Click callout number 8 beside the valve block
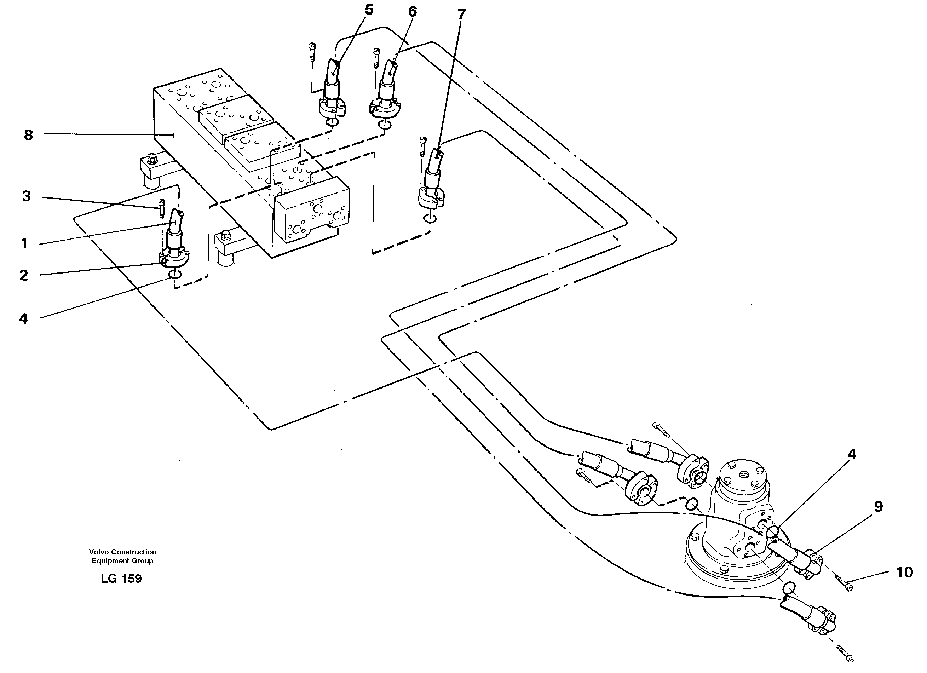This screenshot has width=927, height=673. pyautogui.click(x=28, y=135)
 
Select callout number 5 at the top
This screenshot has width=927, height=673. pyautogui.click(x=369, y=10)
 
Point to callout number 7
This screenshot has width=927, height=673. pyautogui.click(x=461, y=15)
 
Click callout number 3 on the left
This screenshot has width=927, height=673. pyautogui.click(x=27, y=196)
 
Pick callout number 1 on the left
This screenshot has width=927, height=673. pyautogui.click(x=24, y=243)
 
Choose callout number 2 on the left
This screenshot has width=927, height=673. pyautogui.click(x=24, y=275)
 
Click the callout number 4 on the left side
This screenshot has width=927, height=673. pyautogui.click(x=23, y=318)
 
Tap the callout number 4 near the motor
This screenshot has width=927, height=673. pyautogui.click(x=851, y=454)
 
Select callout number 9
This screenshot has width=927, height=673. pyautogui.click(x=878, y=507)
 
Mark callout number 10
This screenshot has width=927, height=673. pyautogui.click(x=904, y=573)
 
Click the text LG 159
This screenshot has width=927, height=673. pyautogui.click(x=121, y=579)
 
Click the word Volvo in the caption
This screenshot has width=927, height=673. pyautogui.click(x=99, y=552)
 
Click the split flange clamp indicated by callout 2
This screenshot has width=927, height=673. pyautogui.click(x=174, y=258)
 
